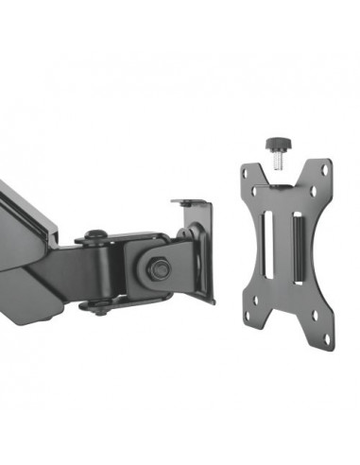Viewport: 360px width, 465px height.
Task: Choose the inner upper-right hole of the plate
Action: click(307, 195)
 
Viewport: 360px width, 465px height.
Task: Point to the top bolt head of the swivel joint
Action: click(95, 233)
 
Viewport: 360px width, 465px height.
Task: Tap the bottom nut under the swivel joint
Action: click(95, 306)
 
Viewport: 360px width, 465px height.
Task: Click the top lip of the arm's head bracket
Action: click(189, 202)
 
